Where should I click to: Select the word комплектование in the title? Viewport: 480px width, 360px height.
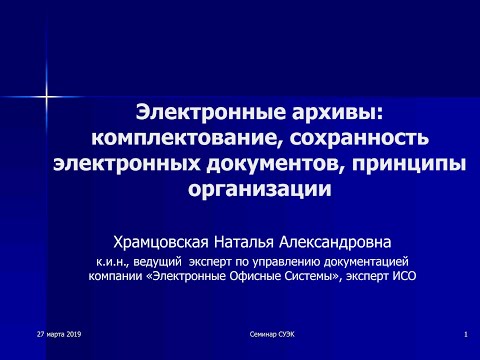tap(175, 135)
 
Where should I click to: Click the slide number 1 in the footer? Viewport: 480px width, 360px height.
tap(466, 331)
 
